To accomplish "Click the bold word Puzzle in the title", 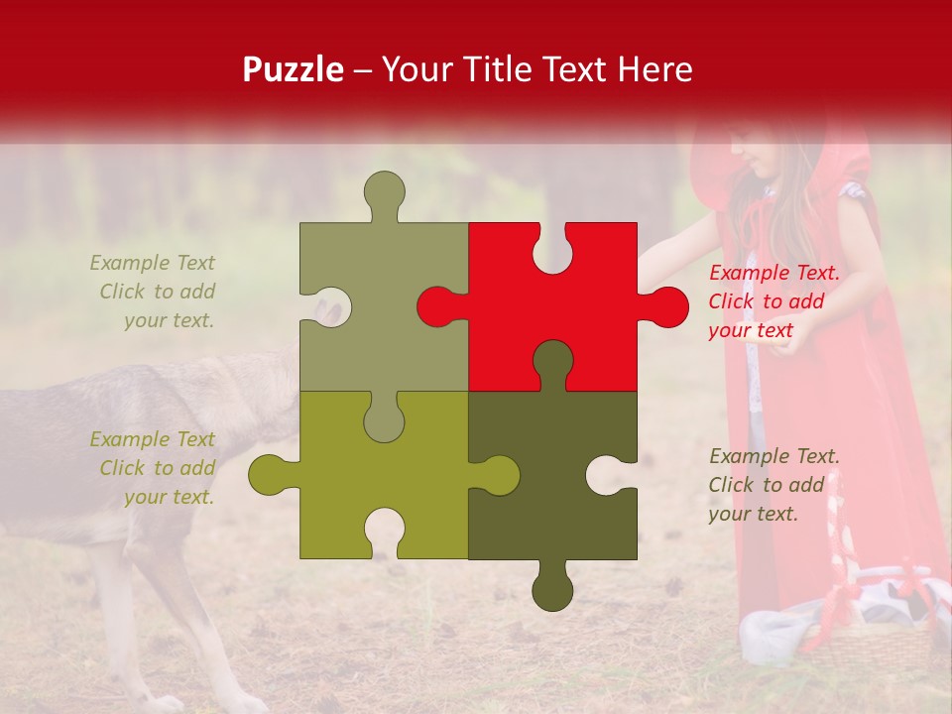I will [294, 70].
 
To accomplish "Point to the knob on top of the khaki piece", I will [385, 192].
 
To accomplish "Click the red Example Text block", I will [773, 301].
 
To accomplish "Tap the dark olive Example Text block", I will [773, 485].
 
